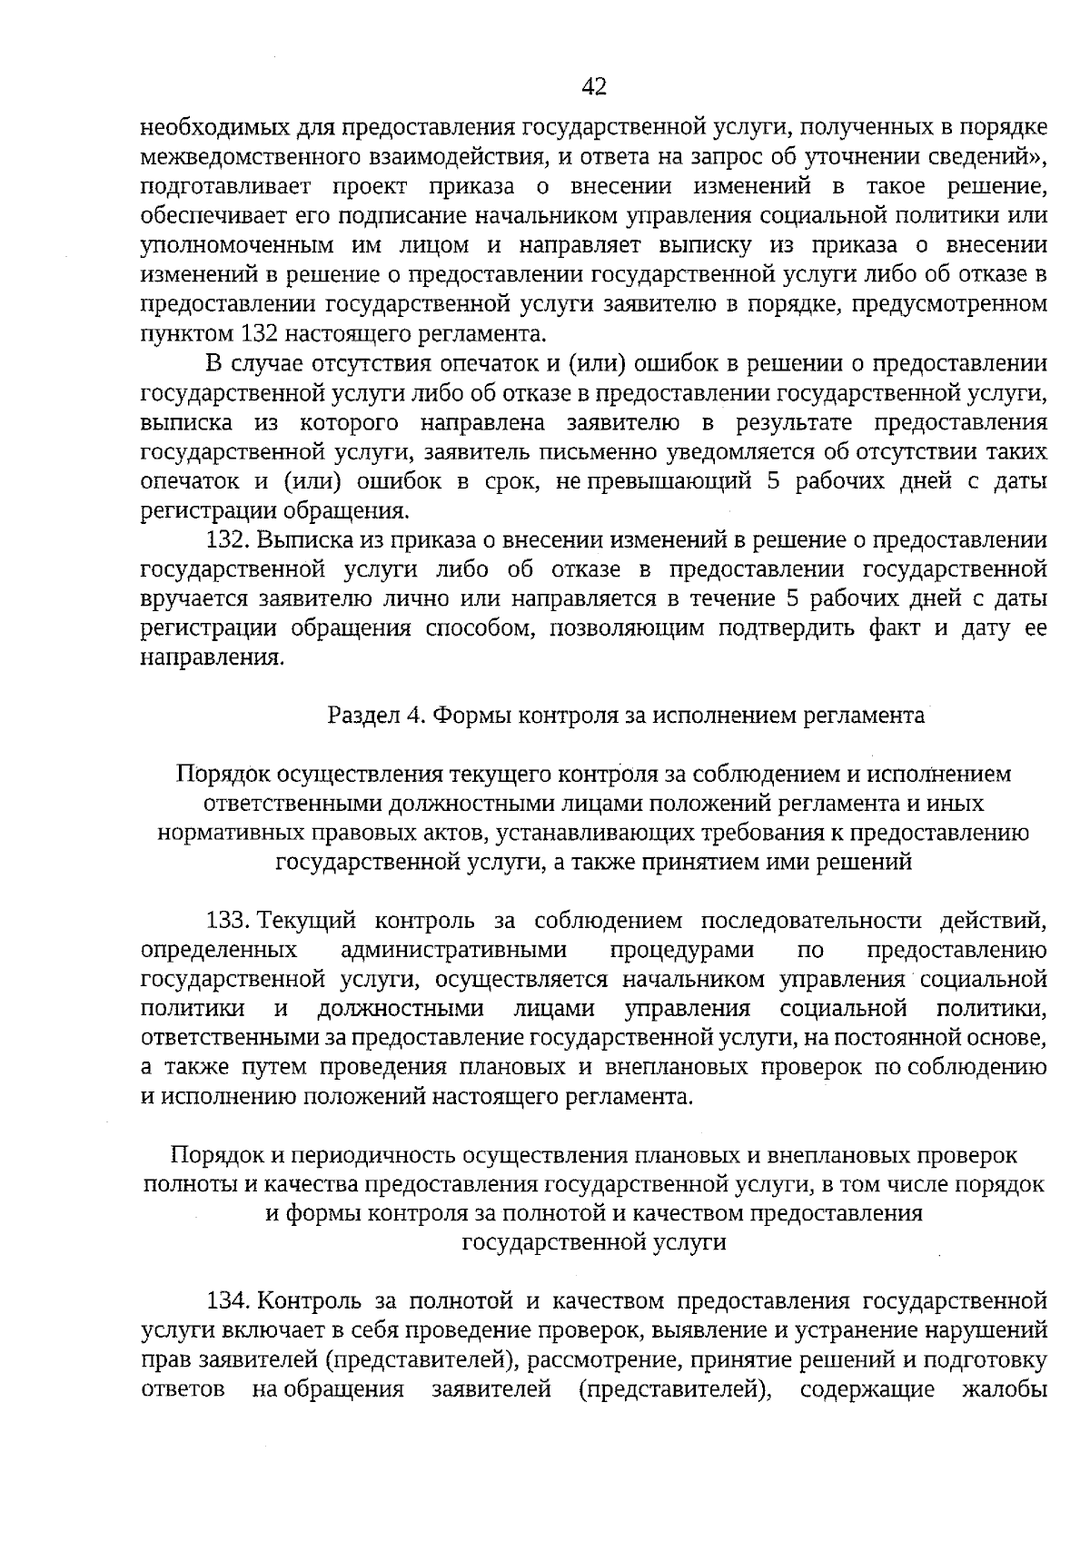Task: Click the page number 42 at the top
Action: point(593,87)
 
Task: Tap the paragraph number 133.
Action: point(228,921)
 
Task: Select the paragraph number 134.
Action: point(228,1300)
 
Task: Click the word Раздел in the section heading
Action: point(364,715)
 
